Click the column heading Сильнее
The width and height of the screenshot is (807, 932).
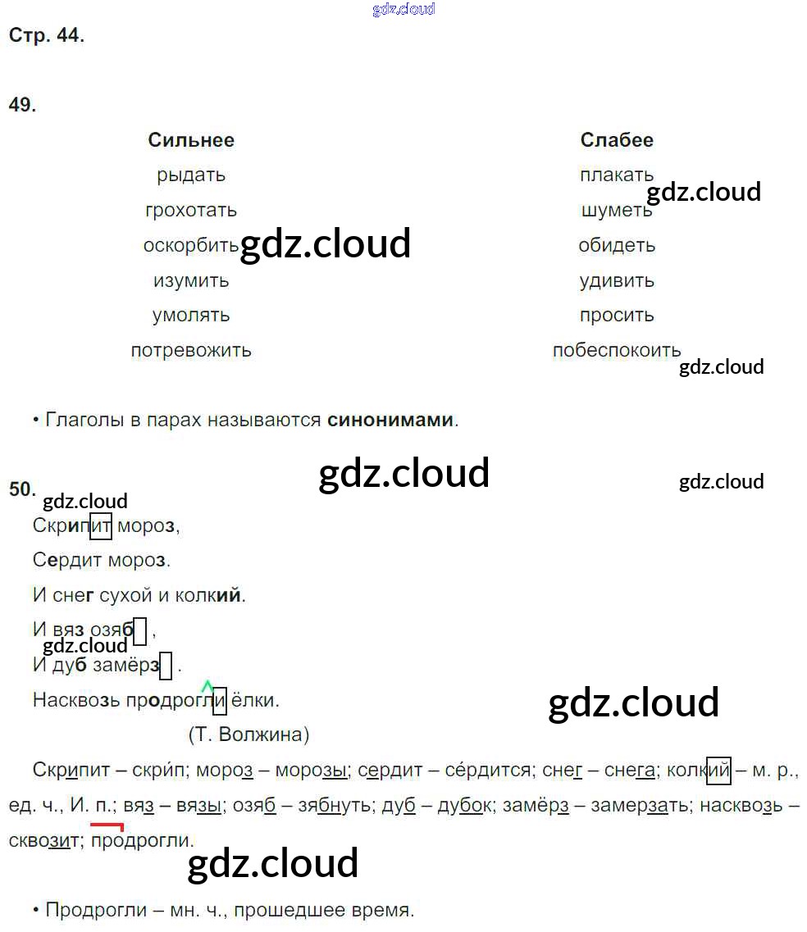(x=191, y=140)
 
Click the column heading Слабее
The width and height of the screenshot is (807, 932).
(x=617, y=140)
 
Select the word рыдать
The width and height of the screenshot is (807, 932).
(x=191, y=175)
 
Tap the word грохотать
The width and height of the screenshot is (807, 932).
(x=191, y=211)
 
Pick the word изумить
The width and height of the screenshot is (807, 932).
(x=191, y=281)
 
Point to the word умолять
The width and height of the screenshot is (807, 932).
(x=191, y=316)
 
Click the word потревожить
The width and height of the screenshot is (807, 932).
(x=191, y=351)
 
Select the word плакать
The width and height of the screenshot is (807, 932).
(x=617, y=175)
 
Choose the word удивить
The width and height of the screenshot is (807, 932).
(x=617, y=281)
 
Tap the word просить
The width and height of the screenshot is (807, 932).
(x=617, y=316)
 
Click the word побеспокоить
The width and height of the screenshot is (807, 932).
(x=617, y=351)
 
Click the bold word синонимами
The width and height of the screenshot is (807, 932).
(x=390, y=421)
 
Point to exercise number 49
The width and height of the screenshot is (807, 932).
(x=22, y=105)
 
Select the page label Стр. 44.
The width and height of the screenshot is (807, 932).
(x=46, y=36)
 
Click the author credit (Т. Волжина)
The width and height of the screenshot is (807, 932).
(x=249, y=734)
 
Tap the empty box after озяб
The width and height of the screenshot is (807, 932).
(x=140, y=631)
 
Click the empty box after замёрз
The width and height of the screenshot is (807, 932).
(x=166, y=666)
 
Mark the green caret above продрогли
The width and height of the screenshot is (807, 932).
(x=207, y=685)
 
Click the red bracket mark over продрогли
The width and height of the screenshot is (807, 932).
(x=107, y=826)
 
